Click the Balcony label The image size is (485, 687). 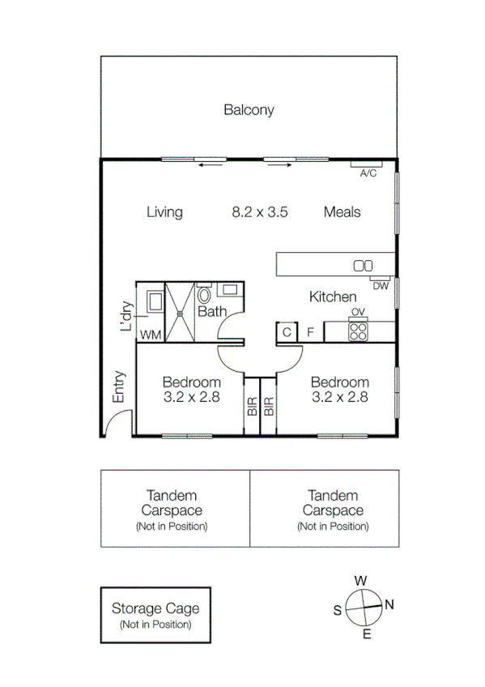[x=249, y=110]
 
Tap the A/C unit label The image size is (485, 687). [x=368, y=173]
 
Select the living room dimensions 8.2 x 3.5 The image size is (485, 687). [x=260, y=212]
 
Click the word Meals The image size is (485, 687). [x=342, y=212]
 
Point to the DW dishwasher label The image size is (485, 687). [x=381, y=286]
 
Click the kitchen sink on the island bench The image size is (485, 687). [x=363, y=265]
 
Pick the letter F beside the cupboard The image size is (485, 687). [x=310, y=332]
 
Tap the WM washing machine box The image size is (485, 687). [x=151, y=335]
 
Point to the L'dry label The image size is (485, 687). [x=126, y=317]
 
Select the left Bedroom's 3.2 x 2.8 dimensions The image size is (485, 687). [x=191, y=397]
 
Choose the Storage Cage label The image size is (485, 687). [x=155, y=608]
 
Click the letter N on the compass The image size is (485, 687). [x=389, y=604]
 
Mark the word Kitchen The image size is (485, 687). [x=333, y=297]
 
